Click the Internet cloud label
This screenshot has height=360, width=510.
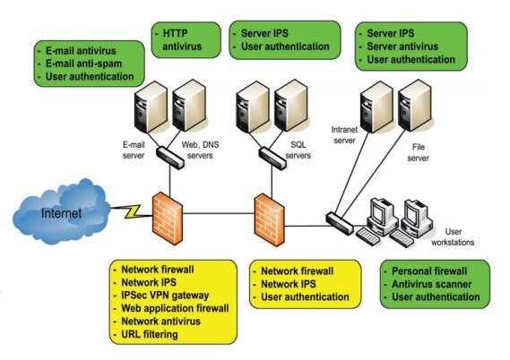61,213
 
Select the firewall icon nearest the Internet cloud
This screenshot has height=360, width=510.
168,218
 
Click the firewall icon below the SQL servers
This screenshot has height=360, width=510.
269,220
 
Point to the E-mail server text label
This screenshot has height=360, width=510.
134,150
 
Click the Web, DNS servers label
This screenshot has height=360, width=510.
200,150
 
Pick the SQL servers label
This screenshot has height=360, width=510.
298,150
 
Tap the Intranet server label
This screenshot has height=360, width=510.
344,135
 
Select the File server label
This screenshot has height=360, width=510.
419,152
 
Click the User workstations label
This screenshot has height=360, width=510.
453,236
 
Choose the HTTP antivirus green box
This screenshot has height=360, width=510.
186,40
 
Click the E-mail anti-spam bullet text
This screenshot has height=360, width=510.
83,64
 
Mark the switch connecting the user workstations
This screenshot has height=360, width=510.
340,223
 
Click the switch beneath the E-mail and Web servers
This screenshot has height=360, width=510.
170,158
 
